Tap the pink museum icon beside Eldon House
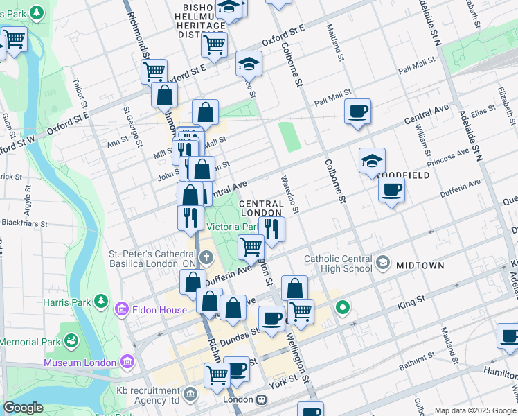122,308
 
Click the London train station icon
262,400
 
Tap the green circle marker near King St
341,306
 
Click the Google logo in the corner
23,408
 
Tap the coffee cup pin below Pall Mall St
357,111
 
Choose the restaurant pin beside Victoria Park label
271,228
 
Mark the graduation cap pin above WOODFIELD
372,160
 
